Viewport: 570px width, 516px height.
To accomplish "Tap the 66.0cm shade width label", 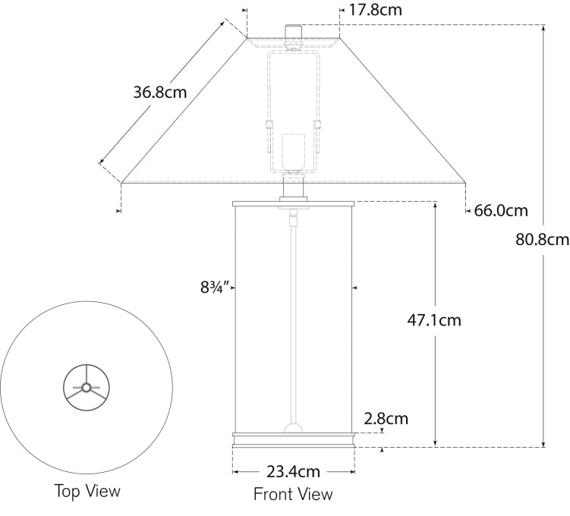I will coord(501,211).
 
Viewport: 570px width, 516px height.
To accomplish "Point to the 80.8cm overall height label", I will coord(542,240).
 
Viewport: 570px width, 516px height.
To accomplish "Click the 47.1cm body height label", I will coord(434,319).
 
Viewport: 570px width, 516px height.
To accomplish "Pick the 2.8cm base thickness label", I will coord(386,418).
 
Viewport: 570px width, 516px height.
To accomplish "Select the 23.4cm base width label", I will coord(293,471).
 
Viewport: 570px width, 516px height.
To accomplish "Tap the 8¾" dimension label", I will coord(215,288).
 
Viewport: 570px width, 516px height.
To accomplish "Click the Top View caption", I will coord(87,491).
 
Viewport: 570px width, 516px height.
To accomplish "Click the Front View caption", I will coord(293,495).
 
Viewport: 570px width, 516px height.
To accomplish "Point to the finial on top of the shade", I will coord(293,33).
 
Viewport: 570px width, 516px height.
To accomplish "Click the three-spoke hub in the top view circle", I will coord(86,388).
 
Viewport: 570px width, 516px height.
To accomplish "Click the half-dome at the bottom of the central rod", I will coord(293,429).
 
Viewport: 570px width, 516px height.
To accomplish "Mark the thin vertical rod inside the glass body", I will coord(293,326).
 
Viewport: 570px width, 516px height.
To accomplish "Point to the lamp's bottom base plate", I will coord(293,442).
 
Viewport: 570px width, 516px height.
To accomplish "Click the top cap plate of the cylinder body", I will coord(293,203).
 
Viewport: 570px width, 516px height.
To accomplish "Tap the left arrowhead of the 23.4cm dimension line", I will coord(235,471).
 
